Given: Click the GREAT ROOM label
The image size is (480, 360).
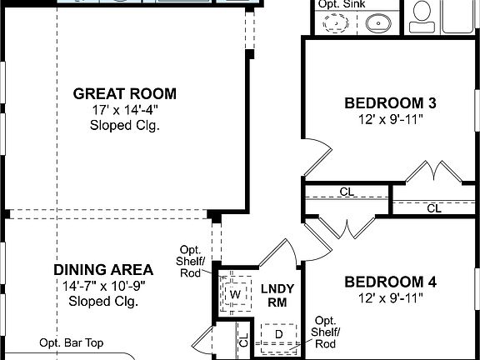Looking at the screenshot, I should pyautogui.click(x=124, y=94).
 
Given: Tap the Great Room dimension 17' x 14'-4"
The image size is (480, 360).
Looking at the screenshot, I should pyautogui.click(x=124, y=110).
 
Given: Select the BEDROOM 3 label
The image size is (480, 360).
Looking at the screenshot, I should pyautogui.click(x=391, y=103).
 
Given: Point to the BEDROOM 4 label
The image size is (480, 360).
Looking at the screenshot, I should pyautogui.click(x=391, y=282).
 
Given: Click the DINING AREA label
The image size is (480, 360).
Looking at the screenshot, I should pyautogui.click(x=103, y=270).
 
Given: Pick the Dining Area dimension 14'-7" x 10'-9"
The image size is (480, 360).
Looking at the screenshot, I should pyautogui.click(x=103, y=286).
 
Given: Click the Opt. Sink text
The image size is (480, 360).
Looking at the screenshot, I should pyautogui.click(x=340, y=4).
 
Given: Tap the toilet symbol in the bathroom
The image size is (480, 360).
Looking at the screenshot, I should pyautogui.click(x=422, y=12).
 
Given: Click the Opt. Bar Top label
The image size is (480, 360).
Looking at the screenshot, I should pyautogui.click(x=72, y=342).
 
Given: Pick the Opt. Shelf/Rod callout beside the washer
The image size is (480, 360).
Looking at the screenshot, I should pyautogui.click(x=191, y=262).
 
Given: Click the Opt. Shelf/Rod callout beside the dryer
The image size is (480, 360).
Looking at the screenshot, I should pyautogui.click(x=325, y=332).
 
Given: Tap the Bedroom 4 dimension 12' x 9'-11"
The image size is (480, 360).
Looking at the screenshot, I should pyautogui.click(x=391, y=297).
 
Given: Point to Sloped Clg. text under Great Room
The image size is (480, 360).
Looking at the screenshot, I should pyautogui.click(x=124, y=126).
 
